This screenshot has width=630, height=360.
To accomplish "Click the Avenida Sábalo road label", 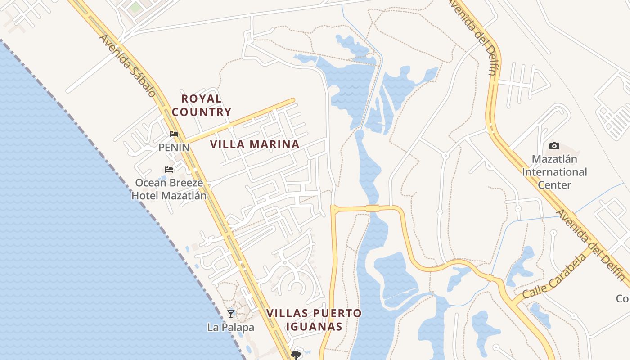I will click(128, 66).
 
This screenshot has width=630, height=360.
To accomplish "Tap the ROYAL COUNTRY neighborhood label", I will click(202, 105).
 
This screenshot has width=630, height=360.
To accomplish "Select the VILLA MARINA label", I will click(255, 144).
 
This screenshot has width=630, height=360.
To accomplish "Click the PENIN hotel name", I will click(174, 148).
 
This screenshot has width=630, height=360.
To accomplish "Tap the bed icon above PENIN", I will click(174, 134).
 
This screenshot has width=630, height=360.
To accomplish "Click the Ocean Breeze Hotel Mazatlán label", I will click(169, 189).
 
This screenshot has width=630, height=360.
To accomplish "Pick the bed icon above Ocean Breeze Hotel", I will click(169, 170).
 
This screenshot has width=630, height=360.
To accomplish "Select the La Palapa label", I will click(230, 328).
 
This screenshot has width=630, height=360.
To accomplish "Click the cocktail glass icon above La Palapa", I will click(231, 314).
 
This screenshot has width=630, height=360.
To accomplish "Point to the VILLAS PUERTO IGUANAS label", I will click(314, 319).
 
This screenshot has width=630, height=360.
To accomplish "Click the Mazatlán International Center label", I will click(554, 172).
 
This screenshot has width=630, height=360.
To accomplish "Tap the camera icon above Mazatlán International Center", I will click(554, 146).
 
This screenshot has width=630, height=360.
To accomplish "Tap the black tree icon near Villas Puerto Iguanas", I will click(296, 355).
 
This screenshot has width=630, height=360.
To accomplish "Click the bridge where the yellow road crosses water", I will click(373, 208).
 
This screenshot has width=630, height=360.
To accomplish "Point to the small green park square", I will click(135, 7).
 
